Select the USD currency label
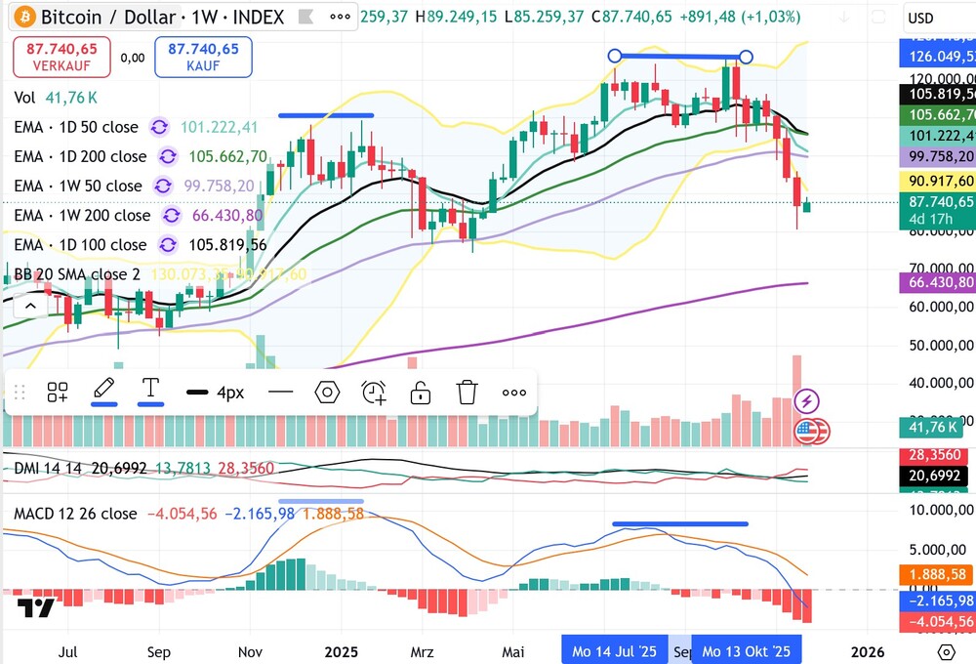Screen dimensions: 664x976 [920, 18]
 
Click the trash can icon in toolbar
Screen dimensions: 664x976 [467, 393]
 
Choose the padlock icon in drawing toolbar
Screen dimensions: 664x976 [420, 393]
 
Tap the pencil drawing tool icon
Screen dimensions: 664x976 [103, 391]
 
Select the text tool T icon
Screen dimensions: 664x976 [150, 390]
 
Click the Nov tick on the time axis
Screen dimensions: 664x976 [250, 651]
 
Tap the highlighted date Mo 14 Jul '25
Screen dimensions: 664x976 [614, 651]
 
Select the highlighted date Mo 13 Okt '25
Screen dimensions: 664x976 [746, 651]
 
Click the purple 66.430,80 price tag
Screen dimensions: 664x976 [936, 282]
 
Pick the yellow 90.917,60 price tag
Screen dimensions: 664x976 [936, 181]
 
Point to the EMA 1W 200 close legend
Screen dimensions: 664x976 [83, 215]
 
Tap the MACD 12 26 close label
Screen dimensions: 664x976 [75, 514]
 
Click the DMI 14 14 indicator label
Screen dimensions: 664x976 [46, 470]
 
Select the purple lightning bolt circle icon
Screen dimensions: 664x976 [807, 399]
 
